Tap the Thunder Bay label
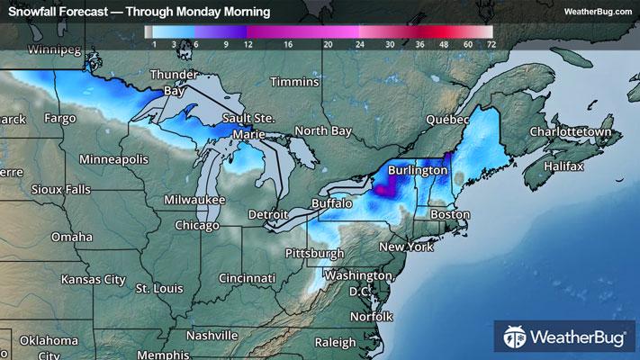point(174,82)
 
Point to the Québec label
point(448,119)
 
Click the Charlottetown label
point(570,131)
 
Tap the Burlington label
point(418,169)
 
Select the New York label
point(406,247)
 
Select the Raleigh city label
point(336,342)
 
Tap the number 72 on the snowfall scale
point(490,43)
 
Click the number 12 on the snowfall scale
point(245,43)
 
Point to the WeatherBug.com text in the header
point(598,11)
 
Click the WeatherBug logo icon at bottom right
point(516,338)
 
